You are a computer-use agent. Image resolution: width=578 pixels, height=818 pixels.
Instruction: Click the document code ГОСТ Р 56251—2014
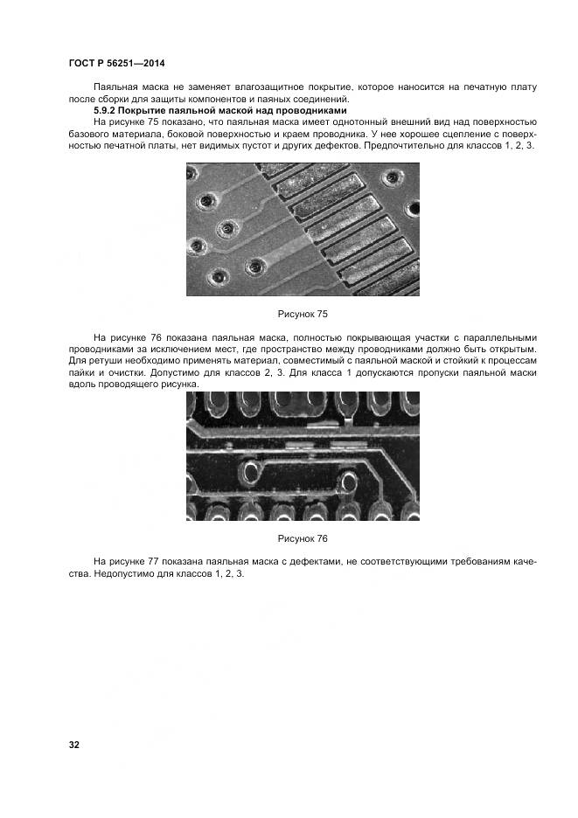tap(116, 63)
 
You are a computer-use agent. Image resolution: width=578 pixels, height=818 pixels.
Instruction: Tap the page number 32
tap(74, 745)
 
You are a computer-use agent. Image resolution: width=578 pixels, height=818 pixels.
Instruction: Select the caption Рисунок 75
tap(302, 314)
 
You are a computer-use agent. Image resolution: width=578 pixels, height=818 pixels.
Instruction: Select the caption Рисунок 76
tap(302, 538)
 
